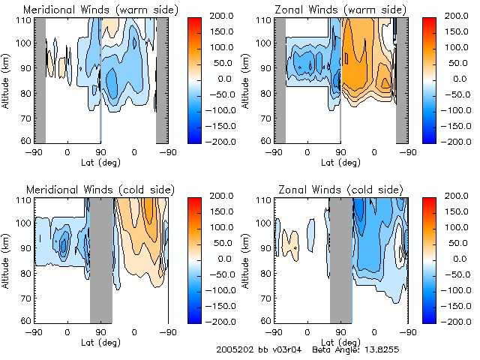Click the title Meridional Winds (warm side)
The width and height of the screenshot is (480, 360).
click(x=91, y=10)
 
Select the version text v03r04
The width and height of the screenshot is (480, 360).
click(x=287, y=349)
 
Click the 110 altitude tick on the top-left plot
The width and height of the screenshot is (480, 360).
click(x=24, y=19)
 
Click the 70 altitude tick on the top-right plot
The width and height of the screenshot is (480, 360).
click(x=266, y=118)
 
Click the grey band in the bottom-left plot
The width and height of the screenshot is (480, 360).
click(x=100, y=259)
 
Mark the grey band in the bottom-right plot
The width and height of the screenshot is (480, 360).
click(x=340, y=259)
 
